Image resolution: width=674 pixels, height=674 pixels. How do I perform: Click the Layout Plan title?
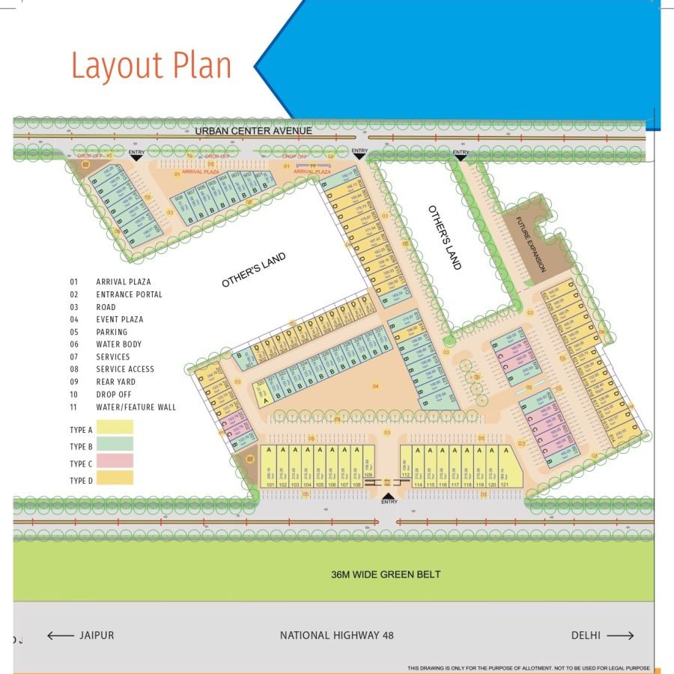pyautogui.click(x=151, y=66)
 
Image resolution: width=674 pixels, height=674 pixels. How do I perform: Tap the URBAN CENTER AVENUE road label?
pyautogui.click(x=253, y=131)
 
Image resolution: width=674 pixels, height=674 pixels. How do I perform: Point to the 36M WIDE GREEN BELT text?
pyautogui.click(x=386, y=574)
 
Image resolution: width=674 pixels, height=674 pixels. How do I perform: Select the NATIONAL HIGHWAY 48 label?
pyautogui.click(x=336, y=636)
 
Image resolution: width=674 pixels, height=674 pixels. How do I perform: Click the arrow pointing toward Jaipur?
pyautogui.click(x=60, y=636)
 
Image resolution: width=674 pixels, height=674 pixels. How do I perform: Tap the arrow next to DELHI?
pyautogui.click(x=621, y=636)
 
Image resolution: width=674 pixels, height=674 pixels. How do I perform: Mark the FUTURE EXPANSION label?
pyautogui.click(x=531, y=244)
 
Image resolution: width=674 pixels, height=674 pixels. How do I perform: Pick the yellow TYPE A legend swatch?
pyautogui.click(x=114, y=427)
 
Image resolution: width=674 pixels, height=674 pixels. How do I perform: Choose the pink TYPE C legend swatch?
pyautogui.click(x=114, y=461)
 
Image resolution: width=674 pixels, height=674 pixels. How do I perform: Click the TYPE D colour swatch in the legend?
pyautogui.click(x=114, y=478)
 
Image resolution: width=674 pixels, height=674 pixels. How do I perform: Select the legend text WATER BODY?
pyautogui.click(x=118, y=344)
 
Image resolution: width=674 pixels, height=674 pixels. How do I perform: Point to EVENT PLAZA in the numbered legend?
pyautogui.click(x=119, y=320)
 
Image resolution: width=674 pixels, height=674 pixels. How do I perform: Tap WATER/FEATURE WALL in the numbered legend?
pyautogui.click(x=136, y=407)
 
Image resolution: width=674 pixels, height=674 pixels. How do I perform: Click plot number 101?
pyautogui.click(x=270, y=485)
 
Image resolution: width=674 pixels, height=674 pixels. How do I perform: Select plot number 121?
pyautogui.click(x=506, y=485)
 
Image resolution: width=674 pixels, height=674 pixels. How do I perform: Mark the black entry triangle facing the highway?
pyautogui.click(x=387, y=495)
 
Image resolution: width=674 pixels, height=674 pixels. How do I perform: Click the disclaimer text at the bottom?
pyautogui.click(x=528, y=668)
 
